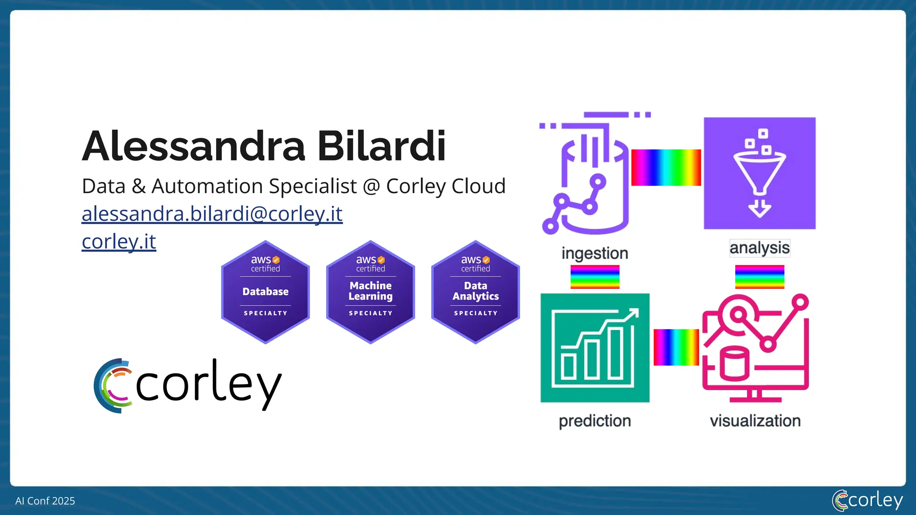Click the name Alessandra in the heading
coord(193,146)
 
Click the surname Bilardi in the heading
coord(381,146)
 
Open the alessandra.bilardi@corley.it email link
coord(212,214)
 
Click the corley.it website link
coord(119,241)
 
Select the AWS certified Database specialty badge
coord(265,292)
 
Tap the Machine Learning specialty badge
coord(370,292)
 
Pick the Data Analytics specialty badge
coord(475,292)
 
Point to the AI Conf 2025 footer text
coord(45,501)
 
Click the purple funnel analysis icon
coord(759,173)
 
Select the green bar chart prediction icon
coord(595,348)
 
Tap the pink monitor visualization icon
coord(755,348)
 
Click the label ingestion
coord(595,253)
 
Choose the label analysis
coord(759,248)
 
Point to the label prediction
coord(595,421)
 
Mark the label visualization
coord(755,421)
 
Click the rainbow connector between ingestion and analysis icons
coord(666,168)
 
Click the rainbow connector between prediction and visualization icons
coord(676,347)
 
